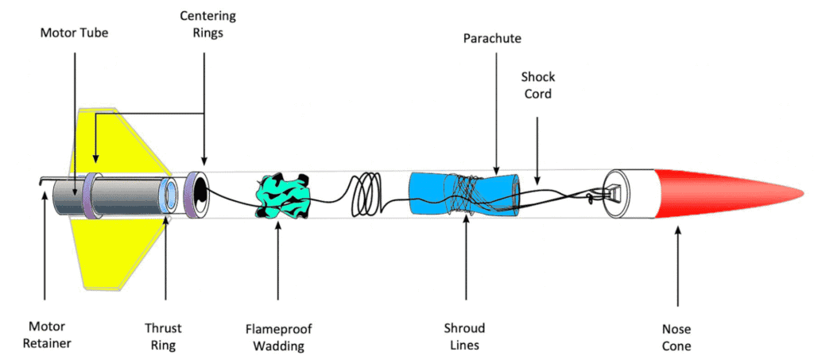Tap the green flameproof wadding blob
(x=278, y=195)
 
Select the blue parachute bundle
(x=461, y=195)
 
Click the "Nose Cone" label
(x=676, y=336)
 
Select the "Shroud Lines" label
(x=465, y=336)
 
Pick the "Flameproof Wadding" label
(x=278, y=336)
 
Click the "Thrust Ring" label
(x=164, y=336)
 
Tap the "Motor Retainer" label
(x=45, y=336)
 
